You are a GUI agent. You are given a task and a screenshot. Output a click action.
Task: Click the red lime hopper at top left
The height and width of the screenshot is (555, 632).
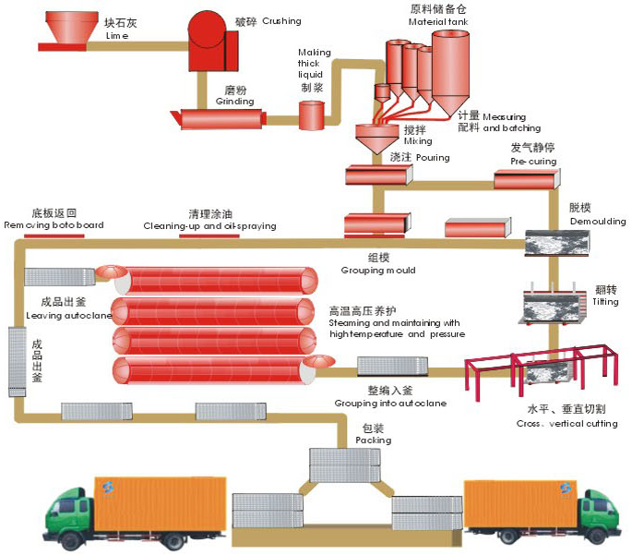coord(63,33)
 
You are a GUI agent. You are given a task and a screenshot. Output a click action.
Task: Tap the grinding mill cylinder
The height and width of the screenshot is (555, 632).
coord(219,117)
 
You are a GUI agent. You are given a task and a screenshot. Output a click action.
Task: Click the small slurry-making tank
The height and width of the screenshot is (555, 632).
coord(311,115)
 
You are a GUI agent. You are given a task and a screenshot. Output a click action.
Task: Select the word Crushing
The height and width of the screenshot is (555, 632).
coord(281,20)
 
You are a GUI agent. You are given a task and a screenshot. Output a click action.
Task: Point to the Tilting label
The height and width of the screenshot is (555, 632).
coord(605,302)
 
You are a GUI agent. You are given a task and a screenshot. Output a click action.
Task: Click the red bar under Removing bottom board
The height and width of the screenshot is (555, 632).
coord(54,235)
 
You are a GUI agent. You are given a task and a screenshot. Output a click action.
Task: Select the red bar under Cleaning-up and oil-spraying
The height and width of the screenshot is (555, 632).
coord(209,235)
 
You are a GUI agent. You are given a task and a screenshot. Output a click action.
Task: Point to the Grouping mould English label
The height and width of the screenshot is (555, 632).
coord(377,271)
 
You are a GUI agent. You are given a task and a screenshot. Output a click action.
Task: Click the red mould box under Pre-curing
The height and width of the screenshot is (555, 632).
coord(526,179)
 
